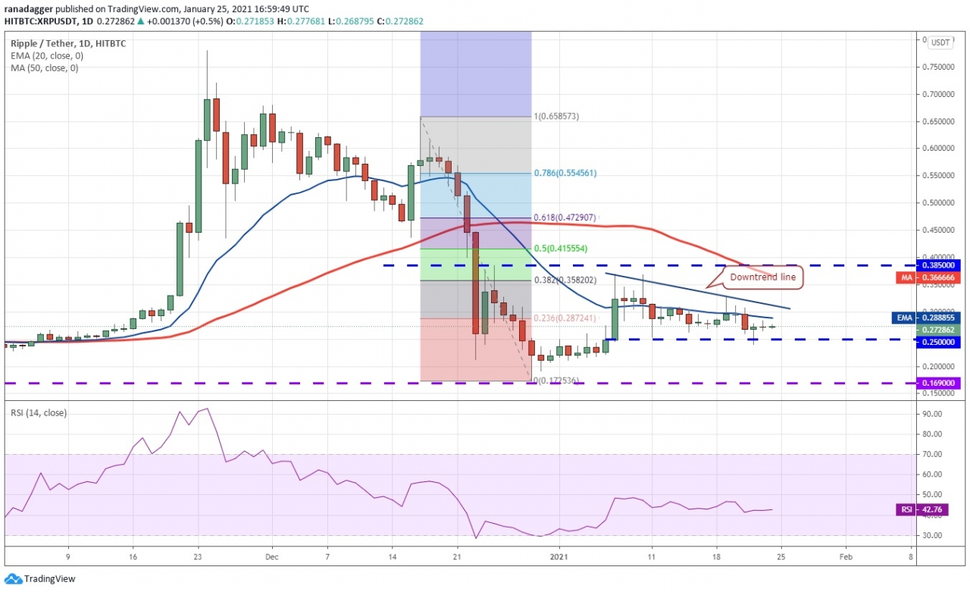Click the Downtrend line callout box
pyautogui.click(x=762, y=277)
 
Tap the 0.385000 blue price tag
pyautogui.click(x=940, y=266)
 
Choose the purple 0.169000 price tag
pyautogui.click(x=940, y=383)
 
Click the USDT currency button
pyautogui.click(x=940, y=42)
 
